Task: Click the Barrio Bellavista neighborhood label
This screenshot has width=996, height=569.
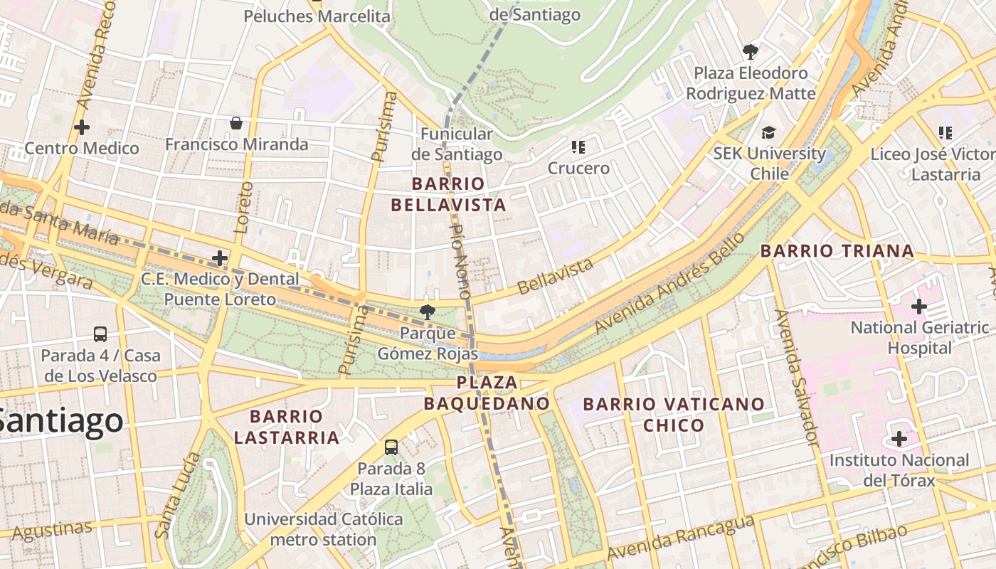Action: point(448,194)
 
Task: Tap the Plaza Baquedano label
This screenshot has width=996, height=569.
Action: point(487,393)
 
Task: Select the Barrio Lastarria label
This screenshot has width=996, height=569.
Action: point(286,426)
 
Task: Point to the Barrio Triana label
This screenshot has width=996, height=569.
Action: point(837,250)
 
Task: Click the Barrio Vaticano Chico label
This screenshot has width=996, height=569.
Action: point(674,415)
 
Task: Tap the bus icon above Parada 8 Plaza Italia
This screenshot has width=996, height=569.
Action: point(391,447)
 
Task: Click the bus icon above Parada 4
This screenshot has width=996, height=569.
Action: point(100,334)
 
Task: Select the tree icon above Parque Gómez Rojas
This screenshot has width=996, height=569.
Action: point(427,311)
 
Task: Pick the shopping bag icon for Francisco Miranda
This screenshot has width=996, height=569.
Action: point(236,123)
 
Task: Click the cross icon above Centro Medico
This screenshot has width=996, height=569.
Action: point(82,127)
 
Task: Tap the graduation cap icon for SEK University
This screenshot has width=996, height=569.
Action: point(768,132)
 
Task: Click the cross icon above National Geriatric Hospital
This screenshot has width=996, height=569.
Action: point(918,307)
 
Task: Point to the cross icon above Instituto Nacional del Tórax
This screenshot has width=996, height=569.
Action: point(899,439)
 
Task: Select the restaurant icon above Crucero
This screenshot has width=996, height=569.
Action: point(578,147)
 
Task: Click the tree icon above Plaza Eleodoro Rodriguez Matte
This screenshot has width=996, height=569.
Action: point(750,51)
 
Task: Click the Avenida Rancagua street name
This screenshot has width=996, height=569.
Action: point(680,537)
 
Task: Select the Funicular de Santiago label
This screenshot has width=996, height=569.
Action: point(456,144)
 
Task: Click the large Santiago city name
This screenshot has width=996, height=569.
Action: point(60,420)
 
